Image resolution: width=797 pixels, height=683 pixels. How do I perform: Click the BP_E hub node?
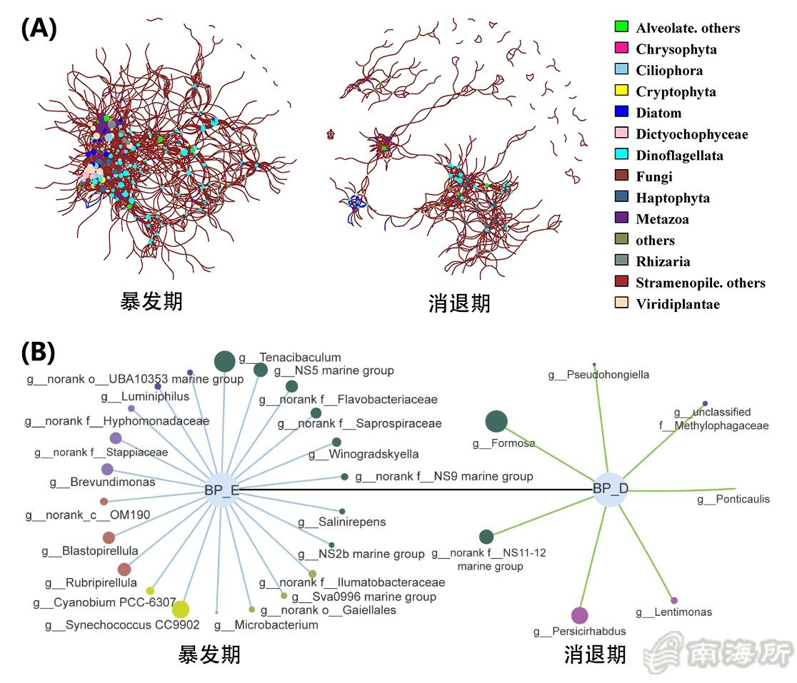(x=224, y=490)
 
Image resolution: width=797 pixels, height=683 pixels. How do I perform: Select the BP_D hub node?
(x=610, y=490)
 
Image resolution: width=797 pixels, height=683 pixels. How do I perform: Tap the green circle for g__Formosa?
(x=496, y=422)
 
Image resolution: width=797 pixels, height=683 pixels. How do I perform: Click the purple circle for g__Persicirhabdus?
(x=579, y=615)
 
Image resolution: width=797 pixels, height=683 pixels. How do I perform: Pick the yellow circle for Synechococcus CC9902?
(x=181, y=609)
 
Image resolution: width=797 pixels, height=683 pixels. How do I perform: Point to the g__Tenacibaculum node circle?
(x=224, y=361)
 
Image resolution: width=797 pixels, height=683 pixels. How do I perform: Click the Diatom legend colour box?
(x=621, y=112)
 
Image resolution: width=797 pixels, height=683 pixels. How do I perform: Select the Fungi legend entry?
(x=653, y=176)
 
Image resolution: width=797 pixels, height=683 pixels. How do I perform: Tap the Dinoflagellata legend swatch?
(x=621, y=155)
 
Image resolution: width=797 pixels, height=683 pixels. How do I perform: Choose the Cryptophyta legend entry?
(x=675, y=91)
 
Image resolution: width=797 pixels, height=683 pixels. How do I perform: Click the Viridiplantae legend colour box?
(x=621, y=303)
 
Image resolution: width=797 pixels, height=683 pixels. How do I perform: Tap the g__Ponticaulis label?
(x=733, y=499)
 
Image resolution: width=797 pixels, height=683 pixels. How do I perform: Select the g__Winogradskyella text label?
(x=364, y=454)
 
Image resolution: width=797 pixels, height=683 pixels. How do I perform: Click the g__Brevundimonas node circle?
(x=107, y=469)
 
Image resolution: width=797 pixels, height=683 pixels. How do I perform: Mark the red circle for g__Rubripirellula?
(x=124, y=569)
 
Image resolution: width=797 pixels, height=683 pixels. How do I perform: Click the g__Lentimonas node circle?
(x=674, y=600)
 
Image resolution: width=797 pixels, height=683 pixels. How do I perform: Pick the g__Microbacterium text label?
(x=266, y=625)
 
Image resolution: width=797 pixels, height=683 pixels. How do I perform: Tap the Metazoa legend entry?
(x=662, y=218)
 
